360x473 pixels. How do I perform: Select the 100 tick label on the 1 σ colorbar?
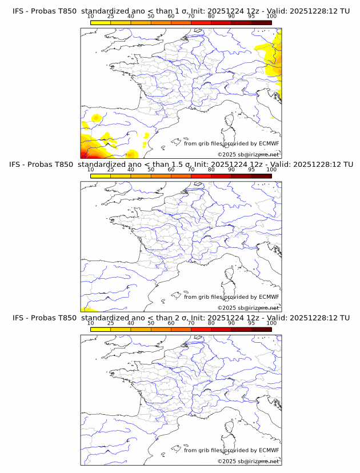click(x=271, y=17)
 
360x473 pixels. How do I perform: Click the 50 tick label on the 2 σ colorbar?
click(x=151, y=323)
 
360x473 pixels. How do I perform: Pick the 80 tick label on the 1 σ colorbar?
click(x=211, y=17)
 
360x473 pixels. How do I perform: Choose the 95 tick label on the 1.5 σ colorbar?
click(x=251, y=170)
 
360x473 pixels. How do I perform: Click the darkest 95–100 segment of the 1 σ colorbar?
click(x=261, y=22)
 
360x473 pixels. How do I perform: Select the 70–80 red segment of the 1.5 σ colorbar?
click(x=201, y=175)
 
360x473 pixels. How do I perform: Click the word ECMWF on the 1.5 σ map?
click(x=269, y=297)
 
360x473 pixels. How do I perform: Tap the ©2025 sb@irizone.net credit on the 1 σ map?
click(x=249, y=154)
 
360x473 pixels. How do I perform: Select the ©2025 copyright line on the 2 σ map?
click(x=249, y=461)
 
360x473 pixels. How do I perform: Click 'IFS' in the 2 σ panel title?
click(x=18, y=318)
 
